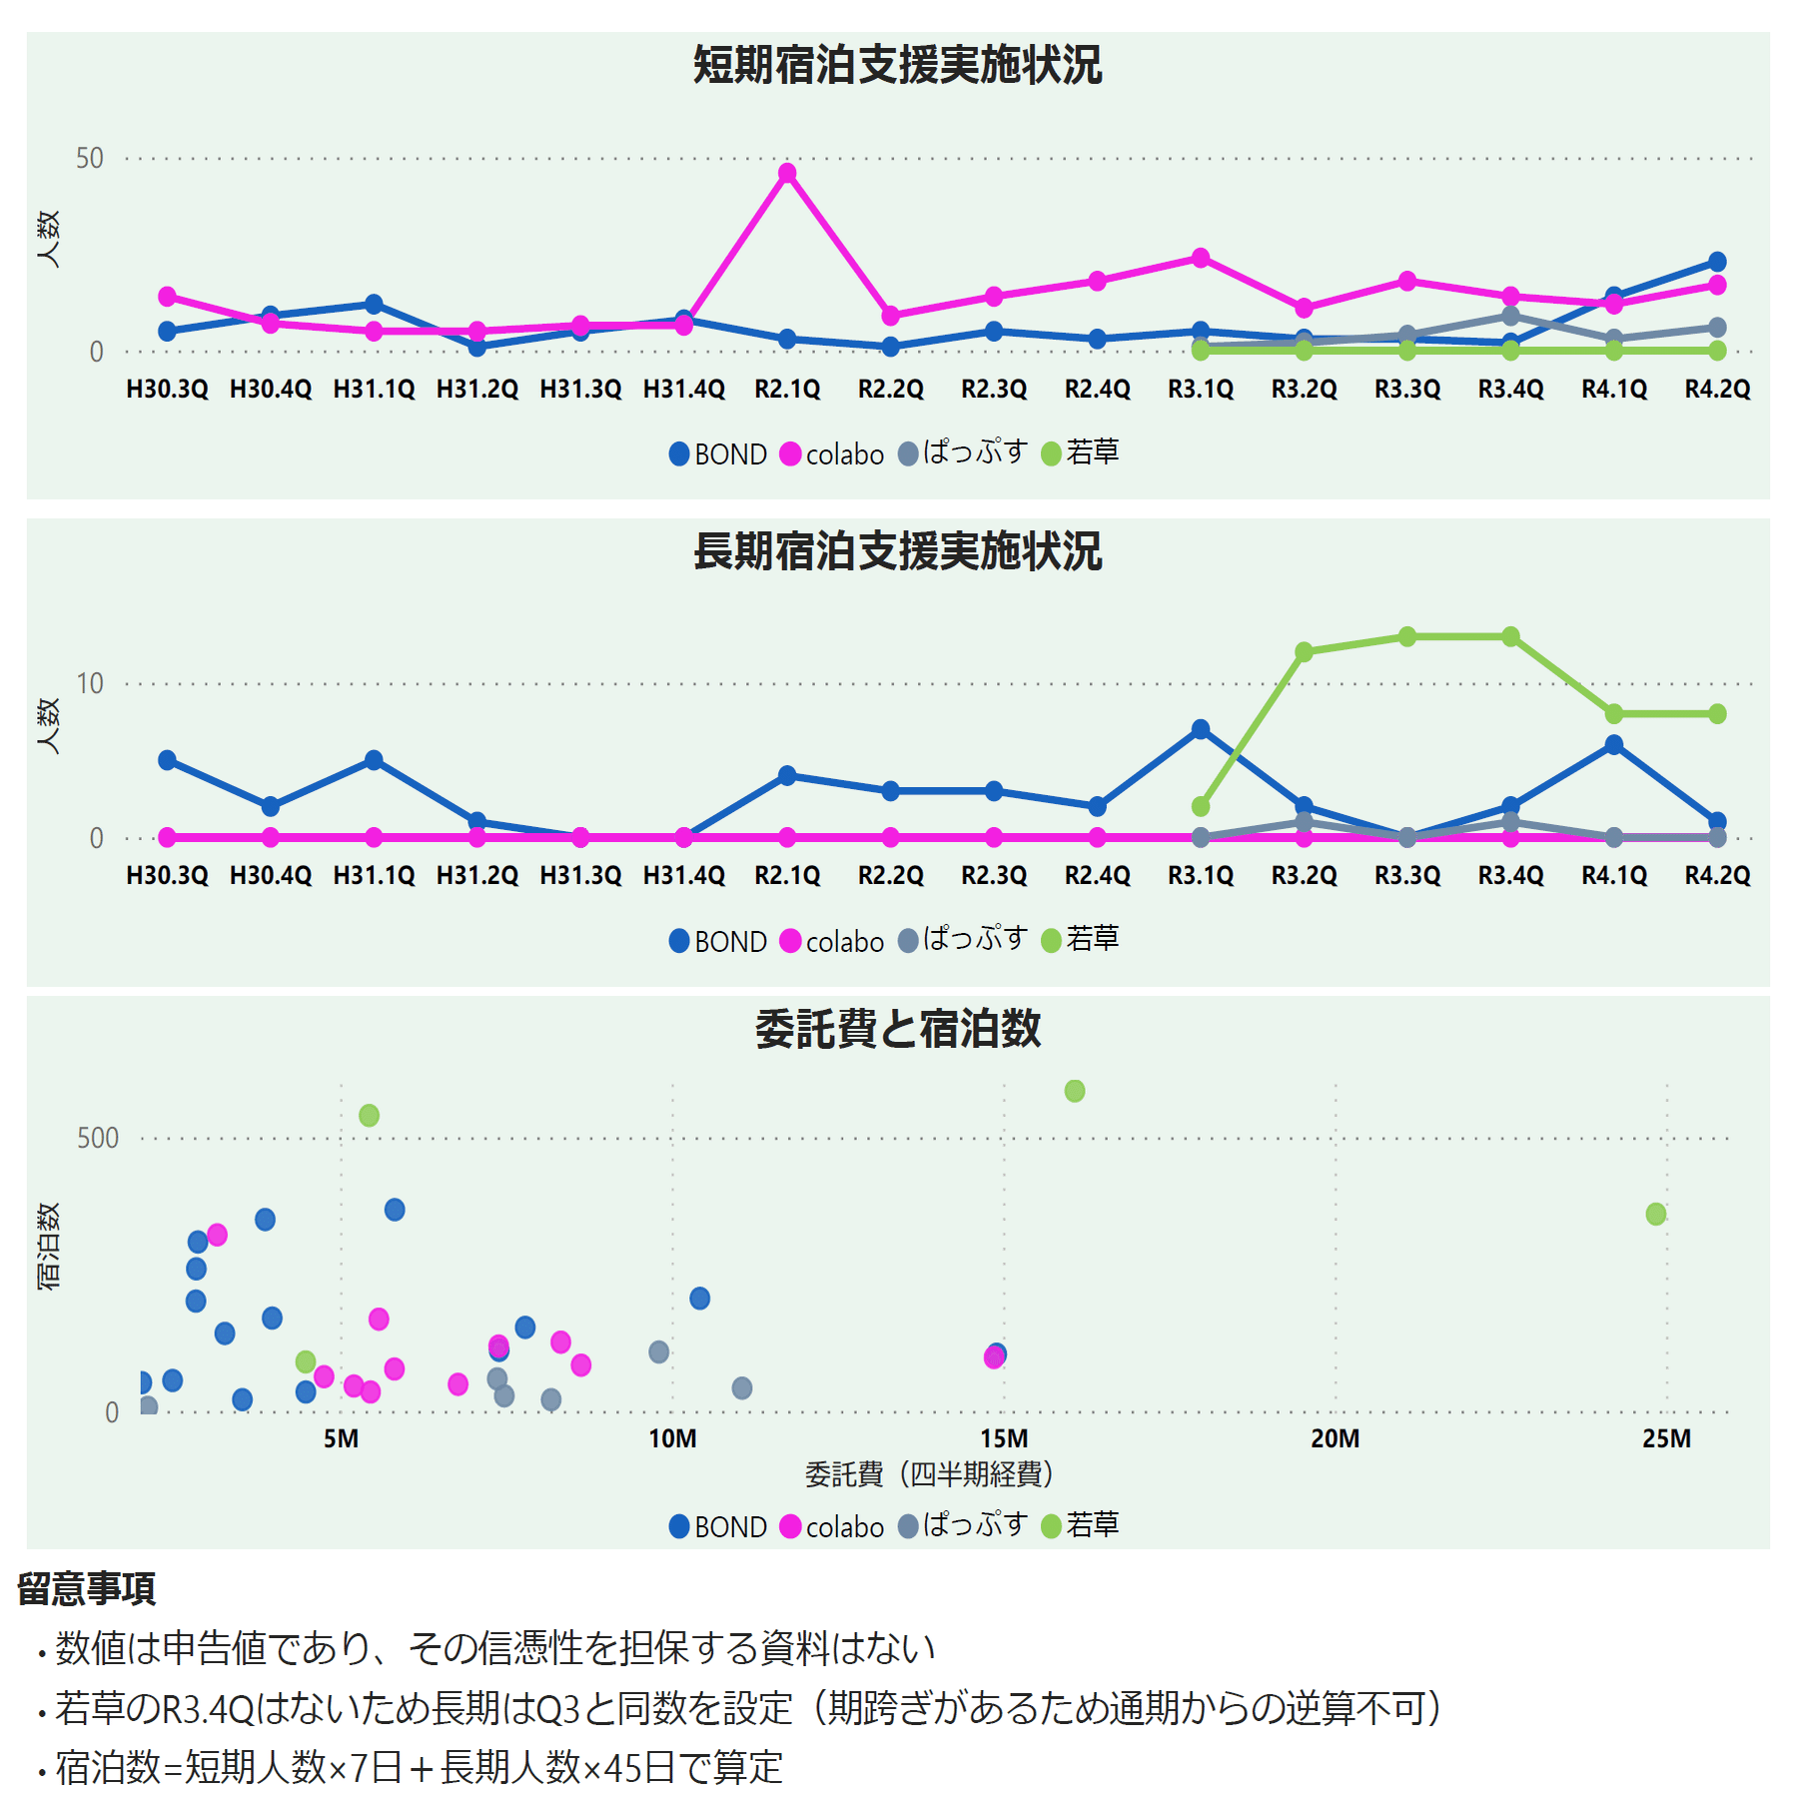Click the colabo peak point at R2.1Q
tap(787, 173)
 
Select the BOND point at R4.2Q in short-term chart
tap(1717, 262)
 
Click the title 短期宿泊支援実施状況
tap(897, 66)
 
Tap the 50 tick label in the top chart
tap(90, 159)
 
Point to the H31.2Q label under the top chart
tap(476, 390)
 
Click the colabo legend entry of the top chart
tap(832, 454)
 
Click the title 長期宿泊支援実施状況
tap(897, 552)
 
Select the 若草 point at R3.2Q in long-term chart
tap(1304, 651)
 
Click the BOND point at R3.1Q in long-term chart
tap(1201, 729)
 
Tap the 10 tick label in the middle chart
tap(90, 684)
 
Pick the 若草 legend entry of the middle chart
tap(1080, 940)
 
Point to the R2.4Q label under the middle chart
tap(1097, 876)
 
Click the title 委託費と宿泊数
tap(897, 1030)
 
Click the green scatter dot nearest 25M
tap(1655, 1214)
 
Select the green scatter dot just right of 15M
tap(1074, 1091)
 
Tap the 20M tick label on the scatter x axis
tap(1335, 1439)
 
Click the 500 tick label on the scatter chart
tap(98, 1139)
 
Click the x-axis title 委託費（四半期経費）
tap(929, 1474)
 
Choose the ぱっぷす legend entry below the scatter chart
tap(963, 1526)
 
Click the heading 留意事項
tap(87, 1588)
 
